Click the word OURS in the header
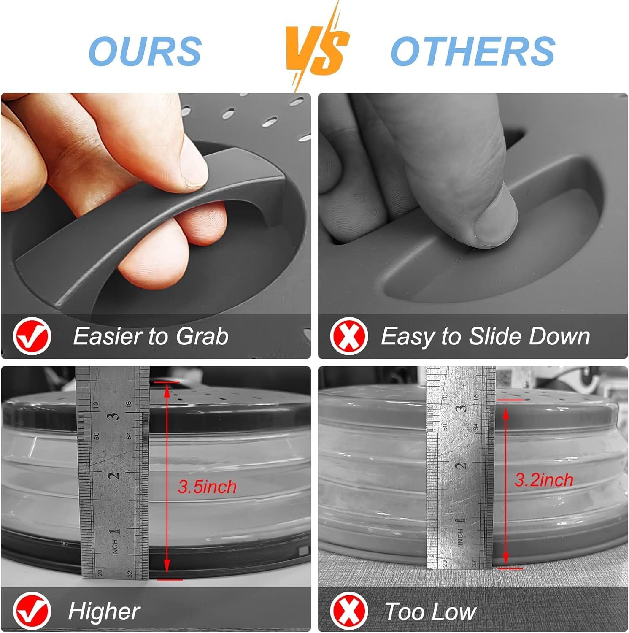tap(145, 51)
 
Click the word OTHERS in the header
tap(473, 51)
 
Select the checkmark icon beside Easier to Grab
tap(32, 337)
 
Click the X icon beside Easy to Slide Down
tap(348, 336)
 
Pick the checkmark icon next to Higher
tap(32, 611)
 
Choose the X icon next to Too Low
tap(348, 611)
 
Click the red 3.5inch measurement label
tap(207, 487)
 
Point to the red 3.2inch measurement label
tap(544, 480)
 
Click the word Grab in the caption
tap(202, 336)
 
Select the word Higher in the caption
tap(104, 611)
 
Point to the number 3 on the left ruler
tap(113, 416)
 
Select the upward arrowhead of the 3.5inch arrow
tap(167, 390)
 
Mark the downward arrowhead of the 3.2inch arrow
tap(506, 559)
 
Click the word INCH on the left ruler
tap(115, 547)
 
